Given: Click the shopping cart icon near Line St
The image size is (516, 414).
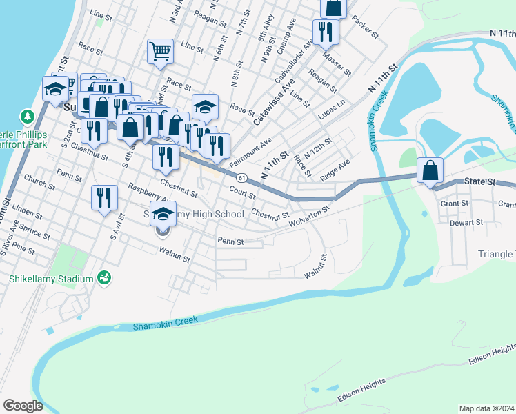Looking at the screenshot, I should (x=160, y=51).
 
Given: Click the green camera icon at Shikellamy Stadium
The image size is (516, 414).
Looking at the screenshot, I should (x=104, y=278).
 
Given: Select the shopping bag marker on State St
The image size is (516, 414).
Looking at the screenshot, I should (x=430, y=170).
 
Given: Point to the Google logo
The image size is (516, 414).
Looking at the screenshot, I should (x=23, y=406).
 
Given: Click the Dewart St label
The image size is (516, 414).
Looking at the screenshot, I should (x=466, y=223).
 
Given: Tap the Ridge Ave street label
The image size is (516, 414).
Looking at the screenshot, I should (x=335, y=170).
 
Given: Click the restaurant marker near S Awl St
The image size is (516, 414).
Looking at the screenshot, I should (x=105, y=197).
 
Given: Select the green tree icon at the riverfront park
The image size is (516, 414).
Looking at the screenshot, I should (x=27, y=115).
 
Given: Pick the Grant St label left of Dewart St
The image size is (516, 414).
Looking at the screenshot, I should (x=455, y=204).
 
